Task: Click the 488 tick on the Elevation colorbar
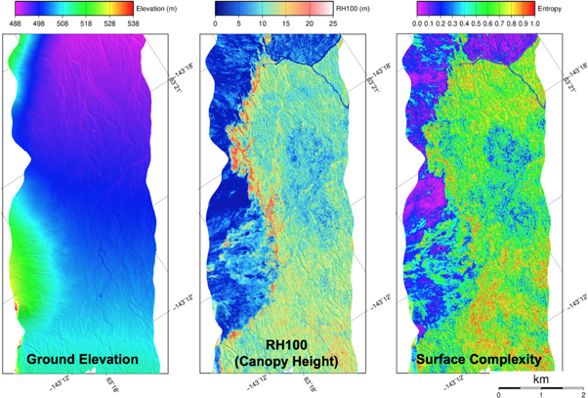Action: pos(15,20)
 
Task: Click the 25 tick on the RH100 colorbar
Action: pos(333,20)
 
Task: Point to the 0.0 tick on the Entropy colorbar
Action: pos(414,20)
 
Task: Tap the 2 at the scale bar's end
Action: pos(583,394)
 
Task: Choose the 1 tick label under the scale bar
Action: pos(541,394)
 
